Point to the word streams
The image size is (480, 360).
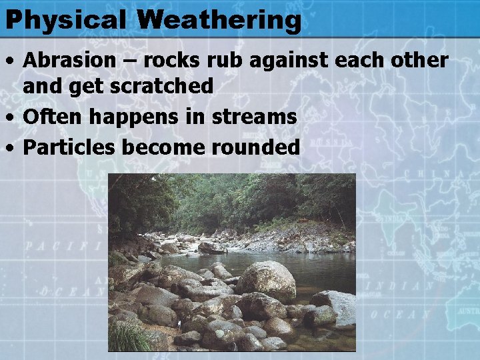pos(254,117)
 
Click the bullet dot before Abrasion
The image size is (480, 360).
pos(10,61)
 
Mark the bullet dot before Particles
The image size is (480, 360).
pos(10,147)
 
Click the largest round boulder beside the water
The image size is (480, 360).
pos(267,281)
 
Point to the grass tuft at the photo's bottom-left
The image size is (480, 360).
pos(130,337)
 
